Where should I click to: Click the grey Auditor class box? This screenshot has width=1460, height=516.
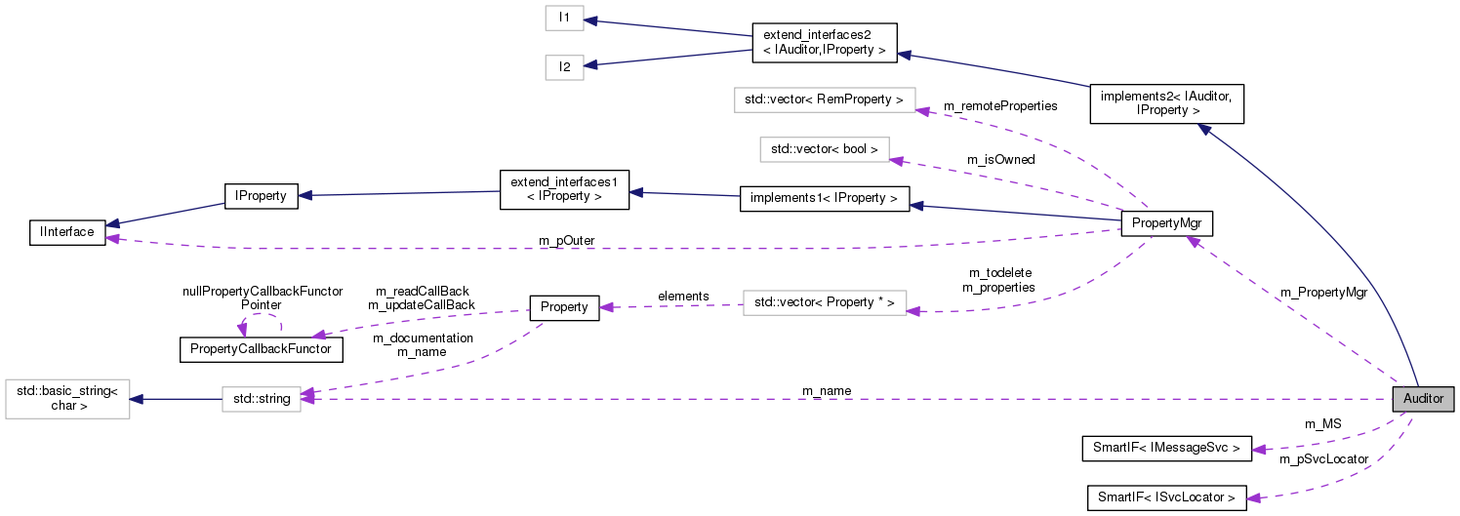[1423, 399]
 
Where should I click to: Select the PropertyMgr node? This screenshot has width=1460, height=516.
[1167, 224]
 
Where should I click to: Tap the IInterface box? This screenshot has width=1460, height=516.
[67, 232]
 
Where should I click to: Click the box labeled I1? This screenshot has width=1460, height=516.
[564, 18]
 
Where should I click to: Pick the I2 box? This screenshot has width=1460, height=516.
[564, 67]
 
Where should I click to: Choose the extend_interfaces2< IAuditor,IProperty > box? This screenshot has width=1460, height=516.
[824, 43]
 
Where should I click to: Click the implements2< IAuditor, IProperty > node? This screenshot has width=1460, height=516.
[1166, 103]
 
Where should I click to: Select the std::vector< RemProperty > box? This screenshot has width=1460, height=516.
[824, 99]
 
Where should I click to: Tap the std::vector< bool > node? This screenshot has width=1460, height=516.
[825, 149]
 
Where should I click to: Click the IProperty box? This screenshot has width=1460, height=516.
[261, 196]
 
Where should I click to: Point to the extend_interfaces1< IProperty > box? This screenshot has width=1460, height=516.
[564, 189]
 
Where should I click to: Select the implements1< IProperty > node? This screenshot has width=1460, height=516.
[825, 199]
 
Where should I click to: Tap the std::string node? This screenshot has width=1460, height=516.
[262, 398]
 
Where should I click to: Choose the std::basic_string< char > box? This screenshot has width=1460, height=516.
[67, 399]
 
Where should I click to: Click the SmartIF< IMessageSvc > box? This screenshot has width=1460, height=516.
[1167, 449]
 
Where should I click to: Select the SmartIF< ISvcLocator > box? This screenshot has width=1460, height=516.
[1167, 497]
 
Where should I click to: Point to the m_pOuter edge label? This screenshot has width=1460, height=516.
[566, 240]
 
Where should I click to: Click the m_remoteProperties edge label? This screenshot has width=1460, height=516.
[1000, 105]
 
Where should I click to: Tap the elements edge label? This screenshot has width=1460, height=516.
[683, 296]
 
